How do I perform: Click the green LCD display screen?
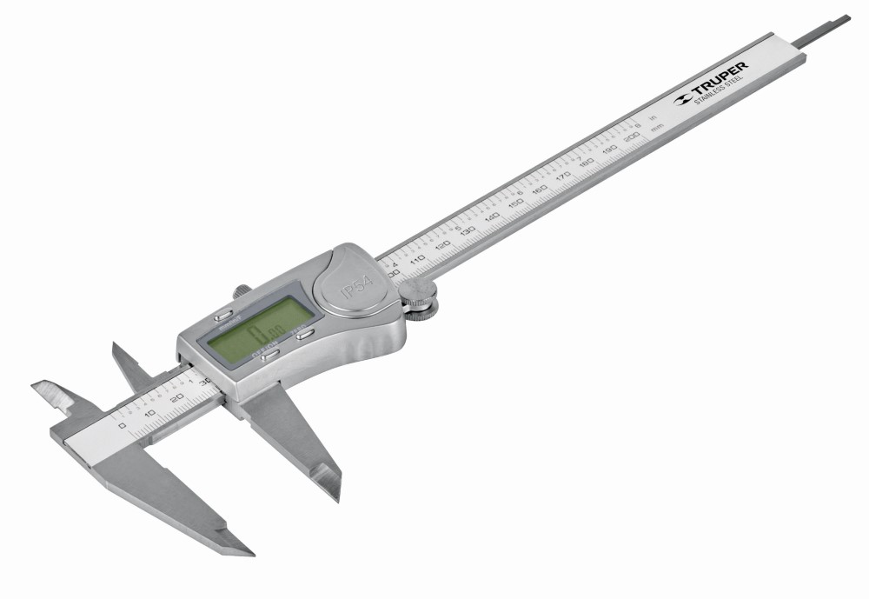(254, 335)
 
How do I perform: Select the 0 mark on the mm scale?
(122, 426)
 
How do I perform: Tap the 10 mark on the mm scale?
(149, 411)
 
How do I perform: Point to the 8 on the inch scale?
(639, 123)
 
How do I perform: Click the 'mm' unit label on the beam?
(658, 127)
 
